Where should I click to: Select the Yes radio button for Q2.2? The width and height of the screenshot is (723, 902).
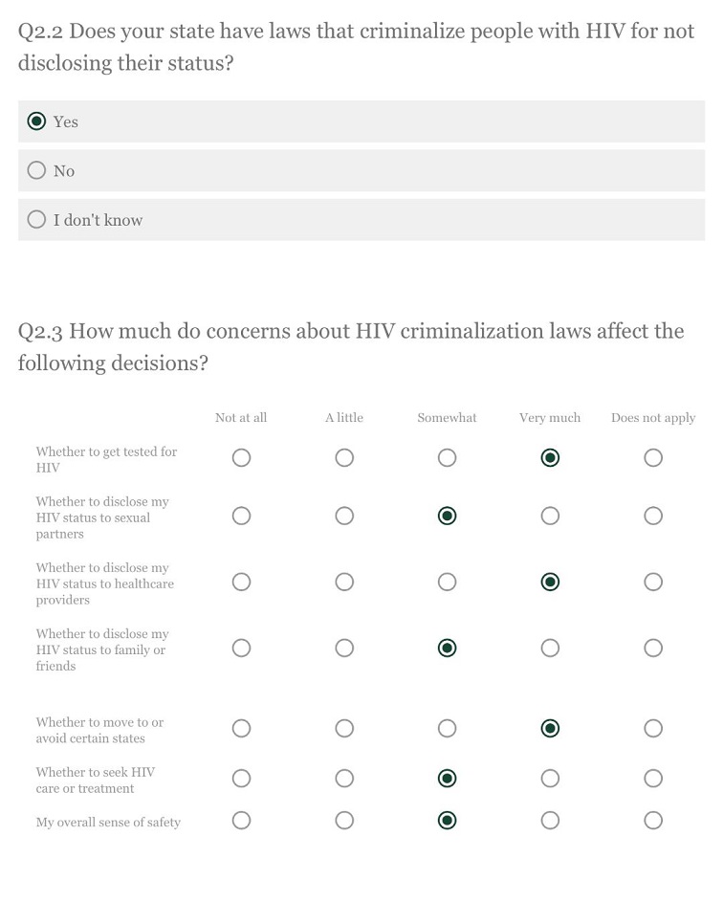point(37,121)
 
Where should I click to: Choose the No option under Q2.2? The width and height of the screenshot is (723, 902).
point(37,170)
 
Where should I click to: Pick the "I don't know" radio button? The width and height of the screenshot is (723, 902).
point(37,219)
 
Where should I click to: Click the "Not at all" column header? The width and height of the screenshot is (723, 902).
point(241,418)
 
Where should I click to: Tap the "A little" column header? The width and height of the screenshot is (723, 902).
point(344,418)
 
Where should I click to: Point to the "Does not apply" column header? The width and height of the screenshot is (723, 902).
point(653,418)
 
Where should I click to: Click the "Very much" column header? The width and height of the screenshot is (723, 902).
point(550,418)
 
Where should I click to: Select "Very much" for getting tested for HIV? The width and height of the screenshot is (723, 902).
point(550,458)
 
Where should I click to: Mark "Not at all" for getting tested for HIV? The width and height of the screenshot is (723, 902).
point(241,458)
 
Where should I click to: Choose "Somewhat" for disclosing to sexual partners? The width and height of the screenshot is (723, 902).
point(447,517)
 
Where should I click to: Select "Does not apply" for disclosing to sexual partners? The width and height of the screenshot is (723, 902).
point(653,517)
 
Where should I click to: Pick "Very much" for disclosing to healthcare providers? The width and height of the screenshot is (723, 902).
point(550,583)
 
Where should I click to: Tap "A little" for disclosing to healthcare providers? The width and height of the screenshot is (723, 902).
point(344,583)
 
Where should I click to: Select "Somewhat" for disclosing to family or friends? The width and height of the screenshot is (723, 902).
point(447,649)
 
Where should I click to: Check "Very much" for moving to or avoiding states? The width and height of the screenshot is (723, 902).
point(550,729)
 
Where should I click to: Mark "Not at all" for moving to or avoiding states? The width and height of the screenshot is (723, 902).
point(241,729)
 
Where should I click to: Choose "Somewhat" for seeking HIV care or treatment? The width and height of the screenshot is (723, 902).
point(447,779)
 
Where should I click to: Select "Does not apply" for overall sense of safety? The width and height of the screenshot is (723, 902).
point(653,821)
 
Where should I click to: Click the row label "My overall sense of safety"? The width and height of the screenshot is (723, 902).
point(108,823)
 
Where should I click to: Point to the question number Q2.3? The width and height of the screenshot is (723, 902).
point(40,332)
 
